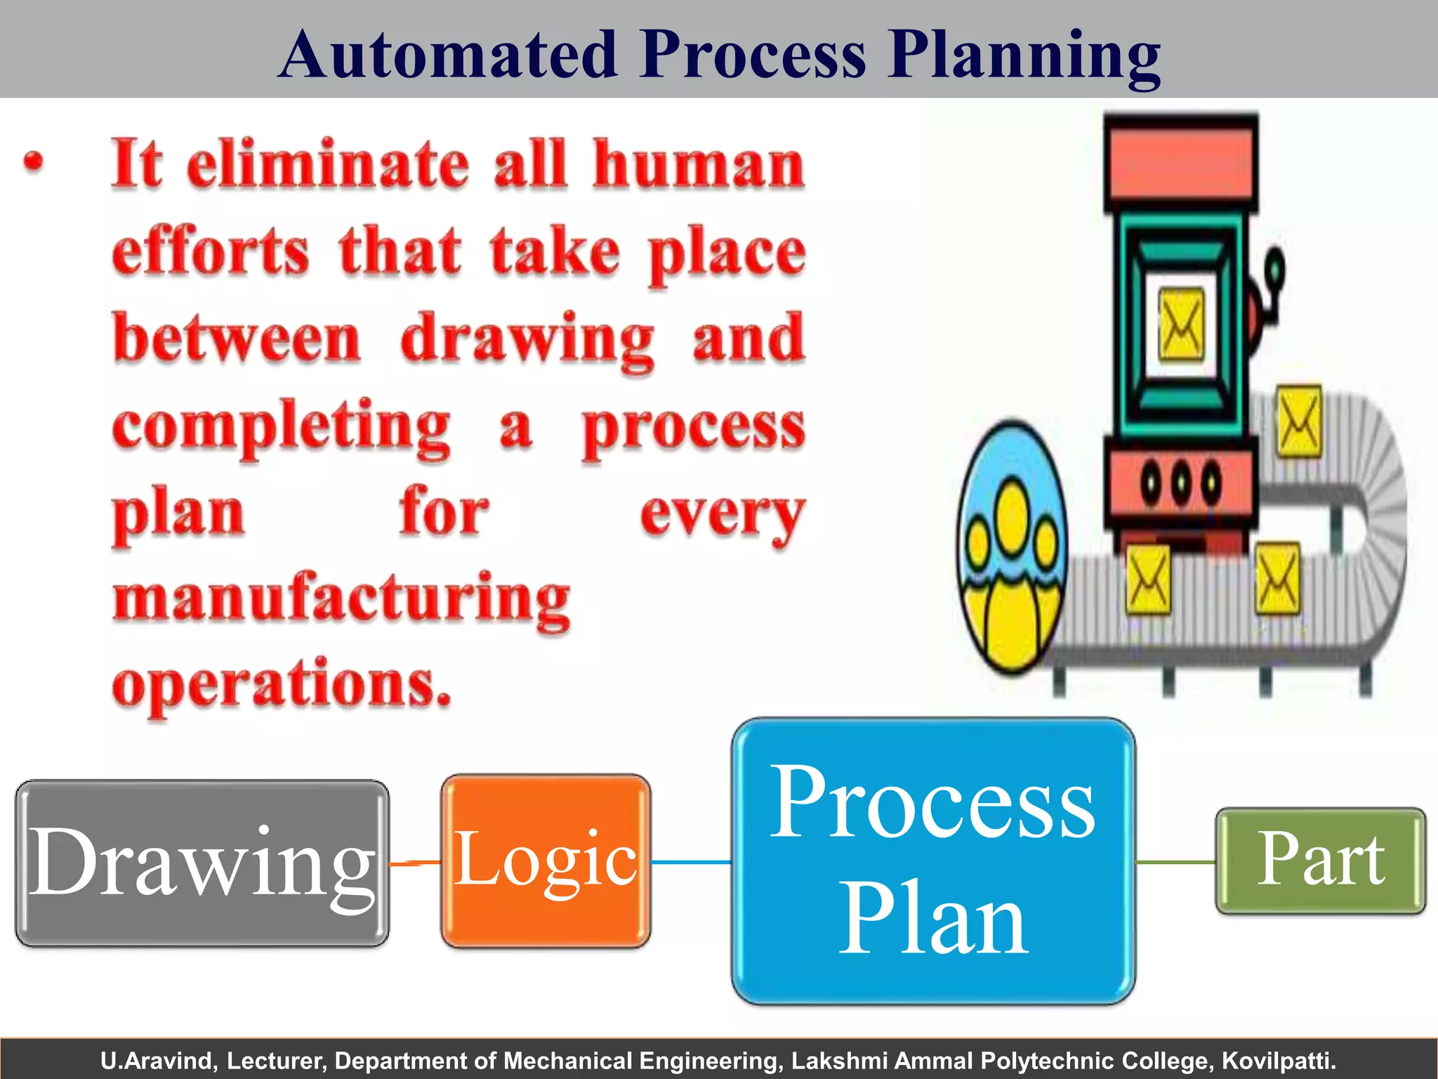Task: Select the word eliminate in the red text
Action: coord(328,164)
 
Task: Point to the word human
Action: coord(698,164)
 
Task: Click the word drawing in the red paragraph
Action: coord(527,340)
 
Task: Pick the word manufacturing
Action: coord(342,600)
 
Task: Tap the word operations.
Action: coord(281,685)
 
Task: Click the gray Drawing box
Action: coord(202,863)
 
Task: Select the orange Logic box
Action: coord(546,861)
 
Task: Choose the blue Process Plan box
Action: coord(933,861)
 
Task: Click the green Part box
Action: coord(1321,860)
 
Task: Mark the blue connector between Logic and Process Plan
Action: coord(691,862)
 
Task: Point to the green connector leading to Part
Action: coord(1175,862)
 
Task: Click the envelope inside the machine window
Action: coord(1180,324)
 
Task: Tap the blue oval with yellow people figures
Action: coord(1011,548)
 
